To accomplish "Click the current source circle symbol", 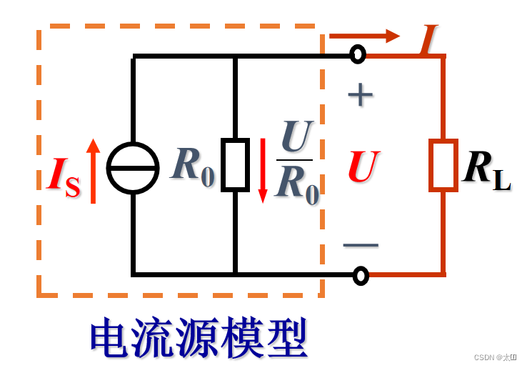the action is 133,168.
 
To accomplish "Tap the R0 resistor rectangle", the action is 235,165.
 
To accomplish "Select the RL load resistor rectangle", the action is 443,166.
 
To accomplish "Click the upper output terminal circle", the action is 358,54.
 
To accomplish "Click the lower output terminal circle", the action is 361,275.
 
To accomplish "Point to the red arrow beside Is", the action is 93,171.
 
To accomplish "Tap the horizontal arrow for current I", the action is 364,36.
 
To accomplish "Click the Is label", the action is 63,176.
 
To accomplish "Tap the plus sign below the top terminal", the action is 360,95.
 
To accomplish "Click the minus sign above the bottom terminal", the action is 361,245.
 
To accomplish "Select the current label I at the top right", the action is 429,39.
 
